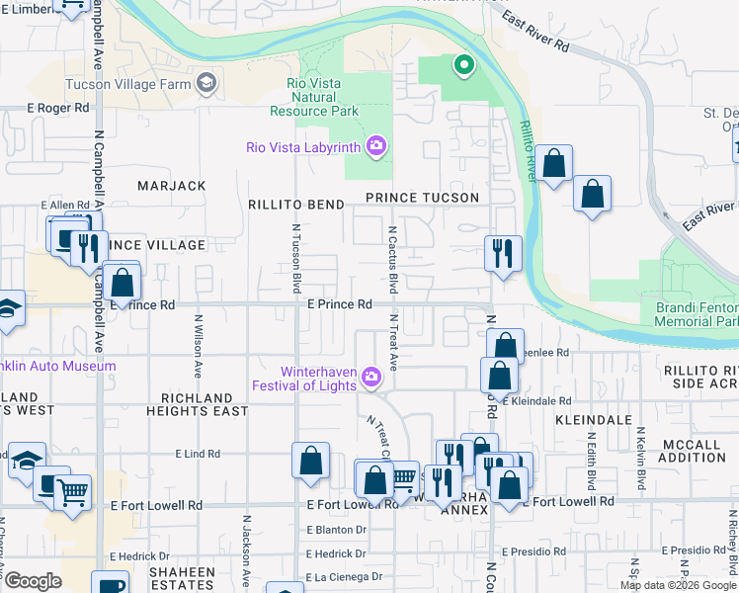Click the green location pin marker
point(461,66)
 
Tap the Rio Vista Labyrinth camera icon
point(375,148)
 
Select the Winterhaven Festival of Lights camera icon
point(371,376)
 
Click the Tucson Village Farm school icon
point(205,83)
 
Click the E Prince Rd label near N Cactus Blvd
point(339,304)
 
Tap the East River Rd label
point(536,33)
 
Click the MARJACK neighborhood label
point(172,186)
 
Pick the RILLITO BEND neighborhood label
point(296,205)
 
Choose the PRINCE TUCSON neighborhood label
point(422,198)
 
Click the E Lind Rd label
point(198,454)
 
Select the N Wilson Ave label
point(199,346)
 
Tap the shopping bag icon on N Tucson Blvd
point(310,461)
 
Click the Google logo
point(33,581)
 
